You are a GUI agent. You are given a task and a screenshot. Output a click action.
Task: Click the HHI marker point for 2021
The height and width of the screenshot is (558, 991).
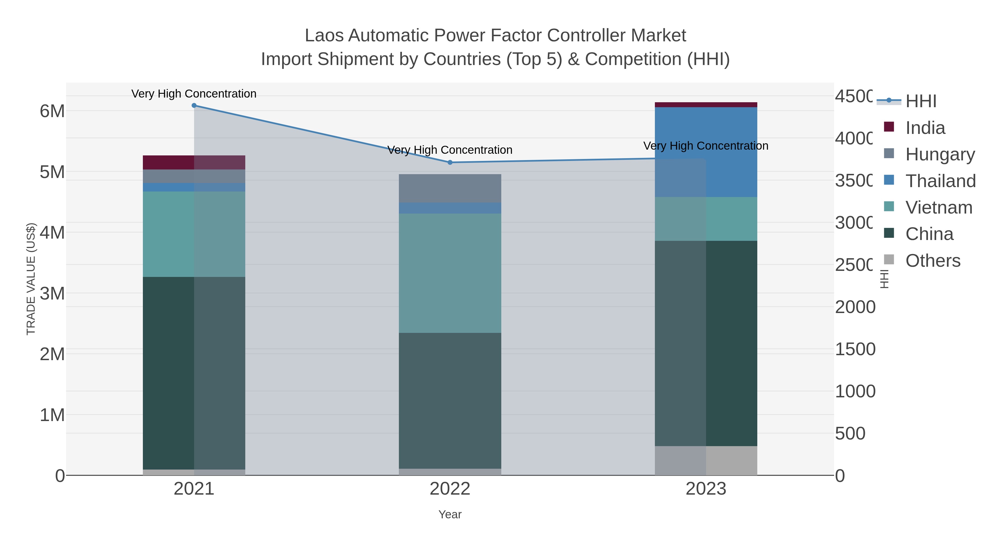tap(194, 106)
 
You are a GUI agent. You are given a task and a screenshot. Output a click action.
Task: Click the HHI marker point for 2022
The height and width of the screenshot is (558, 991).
tap(450, 163)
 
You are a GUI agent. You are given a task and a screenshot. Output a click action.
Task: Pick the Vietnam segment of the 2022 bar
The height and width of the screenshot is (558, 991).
tap(450, 273)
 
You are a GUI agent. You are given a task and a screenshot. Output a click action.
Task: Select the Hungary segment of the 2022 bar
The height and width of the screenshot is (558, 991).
tap(450, 188)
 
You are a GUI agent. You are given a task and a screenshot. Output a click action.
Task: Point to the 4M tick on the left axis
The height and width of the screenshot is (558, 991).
tap(52, 233)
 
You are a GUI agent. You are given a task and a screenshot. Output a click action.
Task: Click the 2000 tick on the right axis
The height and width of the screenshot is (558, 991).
tap(855, 307)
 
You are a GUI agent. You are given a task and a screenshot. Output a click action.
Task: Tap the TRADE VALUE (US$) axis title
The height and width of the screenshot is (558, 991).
tap(31, 279)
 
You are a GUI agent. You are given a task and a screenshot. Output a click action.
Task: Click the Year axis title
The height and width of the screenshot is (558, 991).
tap(450, 514)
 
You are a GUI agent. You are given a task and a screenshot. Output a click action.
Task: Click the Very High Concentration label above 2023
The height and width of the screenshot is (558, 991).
tap(706, 146)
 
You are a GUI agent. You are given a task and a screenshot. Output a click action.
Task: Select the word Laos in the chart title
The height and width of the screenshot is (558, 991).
tap(324, 36)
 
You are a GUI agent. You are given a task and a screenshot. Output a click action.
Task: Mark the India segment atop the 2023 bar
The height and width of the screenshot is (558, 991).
tap(706, 105)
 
